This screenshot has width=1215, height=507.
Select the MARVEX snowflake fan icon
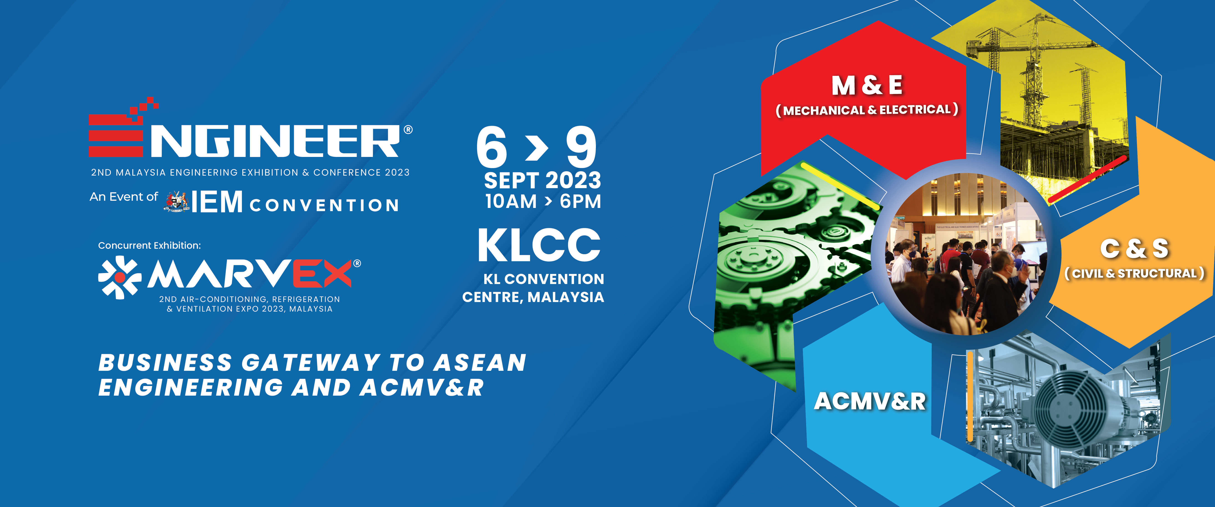pyautogui.click(x=120, y=277)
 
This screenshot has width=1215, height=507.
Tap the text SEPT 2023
pyautogui.click(x=542, y=181)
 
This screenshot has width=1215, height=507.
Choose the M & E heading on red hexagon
pyautogui.click(x=867, y=85)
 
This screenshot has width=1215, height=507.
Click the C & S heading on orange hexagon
pyautogui.click(x=1134, y=248)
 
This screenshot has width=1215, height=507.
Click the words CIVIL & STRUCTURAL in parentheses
pyautogui.click(x=1134, y=274)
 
